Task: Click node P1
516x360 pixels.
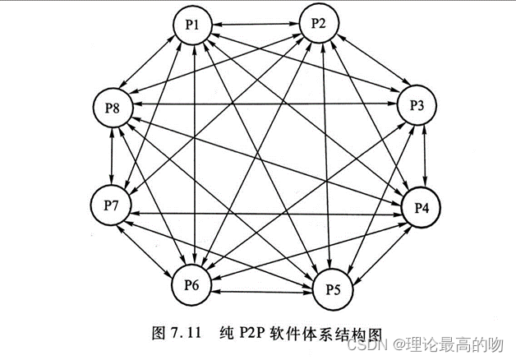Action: [194, 25]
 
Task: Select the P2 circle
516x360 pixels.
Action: [320, 24]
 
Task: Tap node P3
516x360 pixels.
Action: [417, 106]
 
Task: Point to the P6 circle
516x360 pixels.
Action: [192, 284]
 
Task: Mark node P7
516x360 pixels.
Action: [112, 202]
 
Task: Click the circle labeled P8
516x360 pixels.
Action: [113, 108]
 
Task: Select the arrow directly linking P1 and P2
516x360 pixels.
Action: [256, 25]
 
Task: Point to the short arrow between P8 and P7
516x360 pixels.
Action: [113, 155]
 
